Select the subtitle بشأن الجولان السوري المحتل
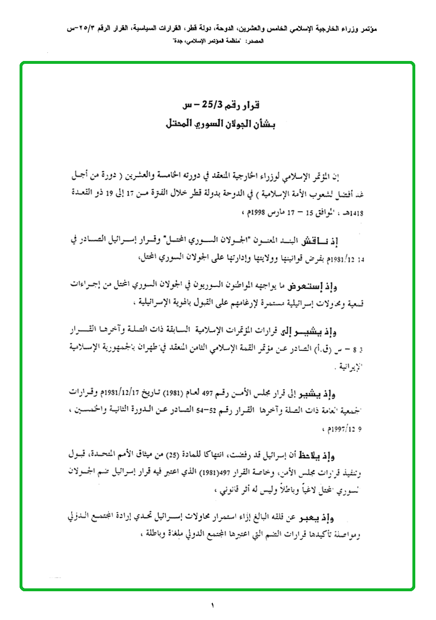[x=222, y=124]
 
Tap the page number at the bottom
[x=212, y=605]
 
